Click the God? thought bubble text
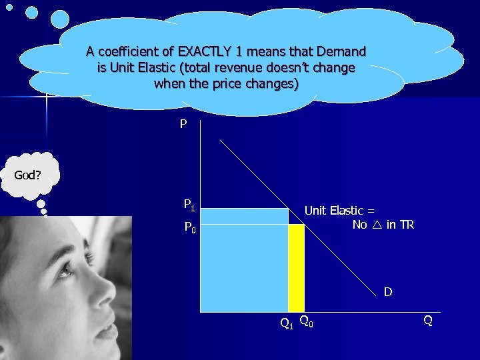coord(28,176)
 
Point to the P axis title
coord(183,125)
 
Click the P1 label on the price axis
coord(189,205)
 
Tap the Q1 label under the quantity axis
coord(286,325)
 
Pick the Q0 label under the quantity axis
coord(307,322)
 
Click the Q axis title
coord(428,321)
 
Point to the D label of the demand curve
coord(387,292)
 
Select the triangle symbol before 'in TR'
coord(377,225)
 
